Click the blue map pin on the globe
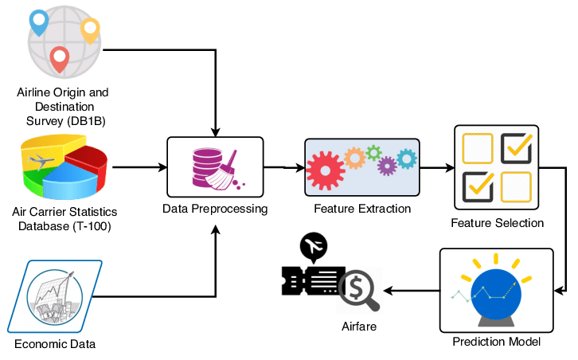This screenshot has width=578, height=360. [x=38, y=22]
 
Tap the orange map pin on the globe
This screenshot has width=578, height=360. [x=89, y=29]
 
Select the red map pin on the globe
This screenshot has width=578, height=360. [x=59, y=57]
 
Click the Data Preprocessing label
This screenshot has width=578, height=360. [x=214, y=209]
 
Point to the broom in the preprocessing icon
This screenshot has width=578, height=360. [x=228, y=168]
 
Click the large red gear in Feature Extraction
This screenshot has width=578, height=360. [x=324, y=170]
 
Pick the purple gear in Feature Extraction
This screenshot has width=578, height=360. [x=387, y=166]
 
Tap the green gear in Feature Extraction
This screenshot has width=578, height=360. [x=373, y=152]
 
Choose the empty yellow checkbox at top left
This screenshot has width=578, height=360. [x=478, y=148]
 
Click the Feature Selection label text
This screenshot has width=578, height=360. [x=497, y=223]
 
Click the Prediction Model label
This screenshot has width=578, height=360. [x=496, y=342]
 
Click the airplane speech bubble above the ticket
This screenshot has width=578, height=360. [x=313, y=248]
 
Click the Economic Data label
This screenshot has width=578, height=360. [x=55, y=344]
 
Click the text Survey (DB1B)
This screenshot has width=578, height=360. [x=63, y=120]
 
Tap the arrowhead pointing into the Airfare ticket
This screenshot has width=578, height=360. [x=386, y=289]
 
